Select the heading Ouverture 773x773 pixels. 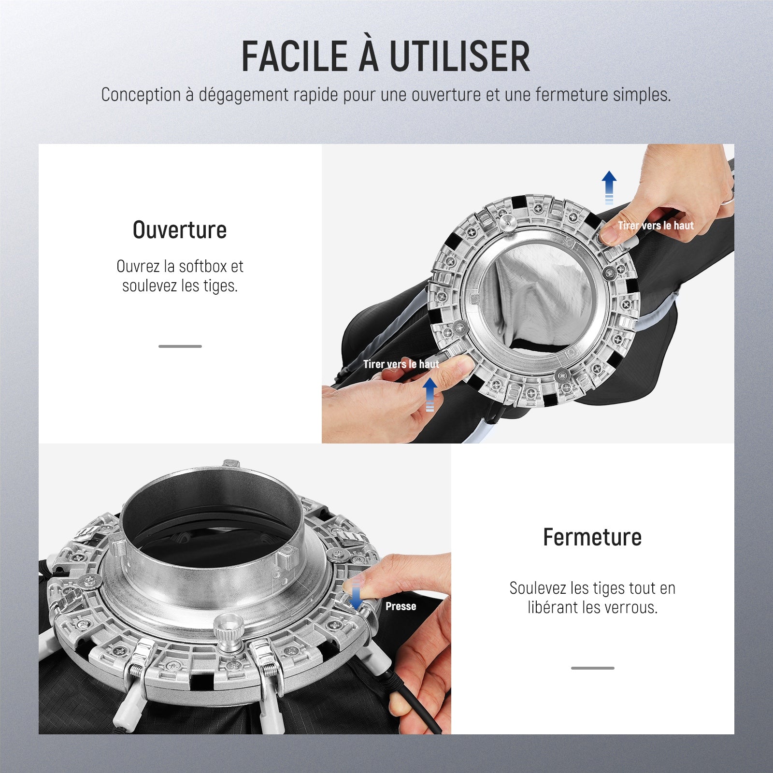[x=180, y=230]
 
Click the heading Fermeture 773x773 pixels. [x=592, y=537]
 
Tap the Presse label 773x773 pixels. [x=401, y=606]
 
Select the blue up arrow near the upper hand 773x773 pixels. [x=609, y=187]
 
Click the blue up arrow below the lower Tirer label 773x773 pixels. [x=430, y=395]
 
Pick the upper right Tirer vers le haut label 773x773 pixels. [x=656, y=226]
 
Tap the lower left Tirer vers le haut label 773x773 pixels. [x=401, y=364]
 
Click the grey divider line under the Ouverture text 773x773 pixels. [x=180, y=346]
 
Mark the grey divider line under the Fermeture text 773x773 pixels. [x=593, y=668]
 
